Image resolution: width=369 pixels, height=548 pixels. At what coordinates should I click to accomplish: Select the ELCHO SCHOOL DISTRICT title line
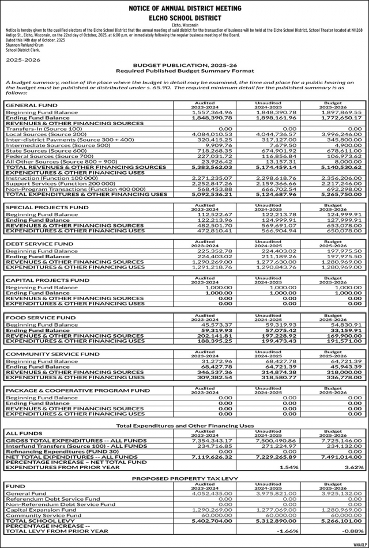coord(184,18)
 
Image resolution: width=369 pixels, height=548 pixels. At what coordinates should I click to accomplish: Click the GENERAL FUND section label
coord(31,105)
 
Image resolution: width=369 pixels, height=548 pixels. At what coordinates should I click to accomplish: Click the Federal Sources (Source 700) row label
coord(49,156)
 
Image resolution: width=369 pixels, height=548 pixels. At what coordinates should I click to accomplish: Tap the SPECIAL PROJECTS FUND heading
coord(47,206)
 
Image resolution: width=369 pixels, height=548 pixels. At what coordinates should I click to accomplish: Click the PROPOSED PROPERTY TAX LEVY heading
coord(184,479)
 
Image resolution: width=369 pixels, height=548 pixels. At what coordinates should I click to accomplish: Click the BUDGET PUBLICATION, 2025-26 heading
coord(184,66)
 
